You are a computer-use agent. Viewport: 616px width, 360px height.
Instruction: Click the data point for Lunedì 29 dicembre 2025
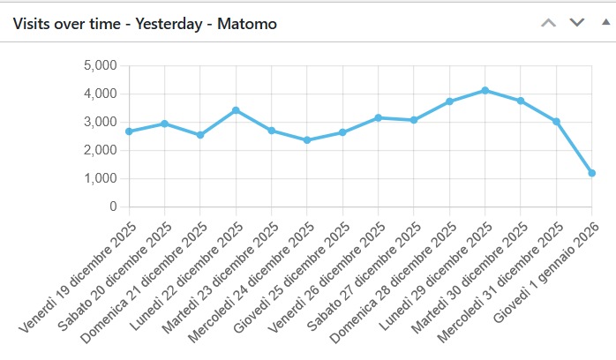485,90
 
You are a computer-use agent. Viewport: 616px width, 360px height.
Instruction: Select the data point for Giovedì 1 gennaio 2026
592,173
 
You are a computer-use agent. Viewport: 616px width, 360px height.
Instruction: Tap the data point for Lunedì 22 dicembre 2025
236,110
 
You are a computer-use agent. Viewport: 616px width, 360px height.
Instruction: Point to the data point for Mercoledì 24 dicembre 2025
307,139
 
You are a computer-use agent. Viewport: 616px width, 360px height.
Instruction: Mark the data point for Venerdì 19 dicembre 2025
129,131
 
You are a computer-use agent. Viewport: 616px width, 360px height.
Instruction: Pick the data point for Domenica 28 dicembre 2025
450,101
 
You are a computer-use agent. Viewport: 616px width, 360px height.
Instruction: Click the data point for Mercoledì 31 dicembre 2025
557,122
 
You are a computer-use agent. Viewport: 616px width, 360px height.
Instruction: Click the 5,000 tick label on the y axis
100,65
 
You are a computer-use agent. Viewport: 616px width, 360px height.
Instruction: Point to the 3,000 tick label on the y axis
100,122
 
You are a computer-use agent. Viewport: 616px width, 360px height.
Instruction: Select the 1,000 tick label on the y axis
100,178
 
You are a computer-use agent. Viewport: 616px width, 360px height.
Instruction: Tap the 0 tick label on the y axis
113,206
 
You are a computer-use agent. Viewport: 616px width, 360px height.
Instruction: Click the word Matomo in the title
248,24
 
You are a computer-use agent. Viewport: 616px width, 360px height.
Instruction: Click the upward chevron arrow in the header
548,22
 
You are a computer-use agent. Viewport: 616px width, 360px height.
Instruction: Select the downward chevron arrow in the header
577,22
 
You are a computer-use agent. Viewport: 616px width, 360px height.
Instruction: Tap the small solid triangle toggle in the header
605,22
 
